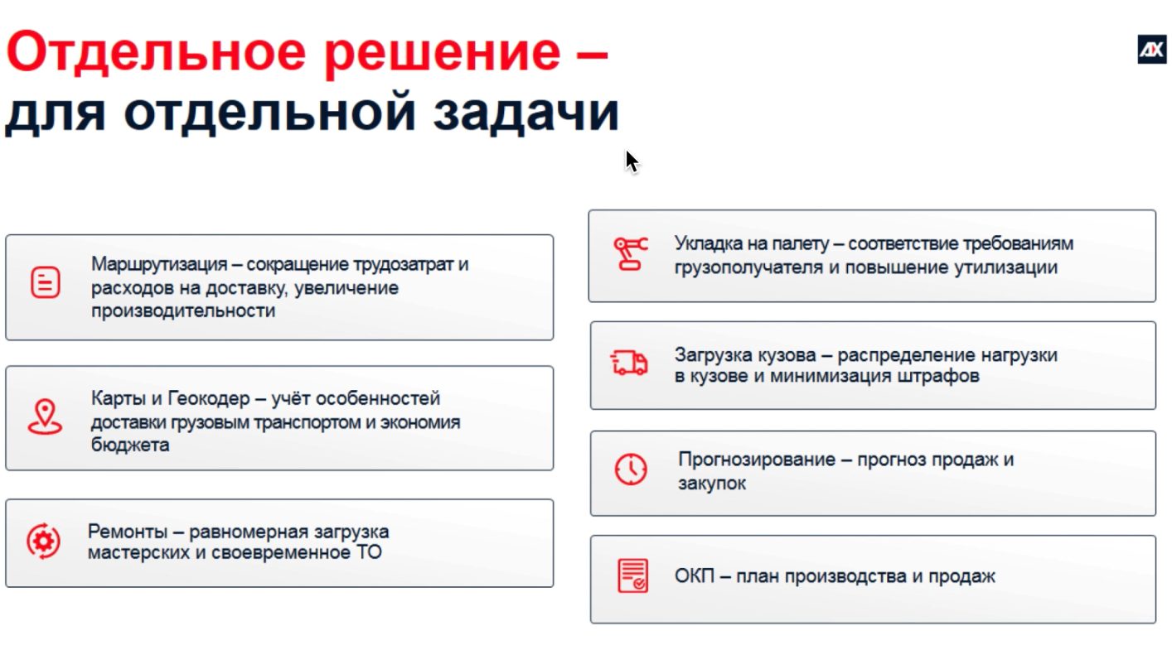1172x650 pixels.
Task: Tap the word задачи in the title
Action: pos(525,113)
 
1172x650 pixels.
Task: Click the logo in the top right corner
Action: pos(1151,50)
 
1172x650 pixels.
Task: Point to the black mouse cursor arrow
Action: pos(632,162)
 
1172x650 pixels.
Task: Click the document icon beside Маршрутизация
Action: pos(46,282)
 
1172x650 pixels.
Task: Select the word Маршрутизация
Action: pos(159,264)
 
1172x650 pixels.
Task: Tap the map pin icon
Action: pos(45,416)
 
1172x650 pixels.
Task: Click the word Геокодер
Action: pos(209,398)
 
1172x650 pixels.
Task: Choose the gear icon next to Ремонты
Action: pos(43,541)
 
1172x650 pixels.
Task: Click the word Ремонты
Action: pos(127,532)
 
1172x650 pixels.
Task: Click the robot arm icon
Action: pos(631,254)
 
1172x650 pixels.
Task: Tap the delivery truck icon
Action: pos(629,363)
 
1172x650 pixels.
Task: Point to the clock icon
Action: pos(631,469)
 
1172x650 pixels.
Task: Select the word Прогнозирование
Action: pos(757,460)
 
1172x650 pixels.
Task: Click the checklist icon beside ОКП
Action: pos(632,575)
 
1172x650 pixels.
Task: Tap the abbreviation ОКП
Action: pos(695,576)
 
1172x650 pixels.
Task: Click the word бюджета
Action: pos(130,445)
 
